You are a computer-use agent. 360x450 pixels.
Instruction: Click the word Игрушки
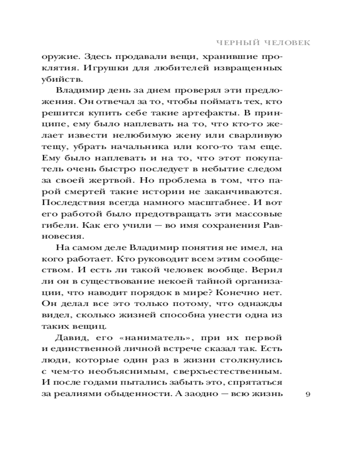coord(114,68)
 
